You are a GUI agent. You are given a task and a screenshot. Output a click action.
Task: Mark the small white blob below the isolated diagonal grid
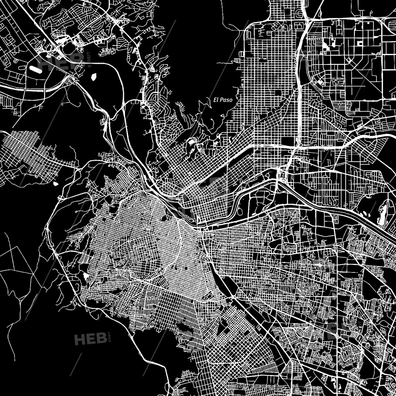(55, 184)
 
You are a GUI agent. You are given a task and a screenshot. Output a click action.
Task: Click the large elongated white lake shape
(383, 214)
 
